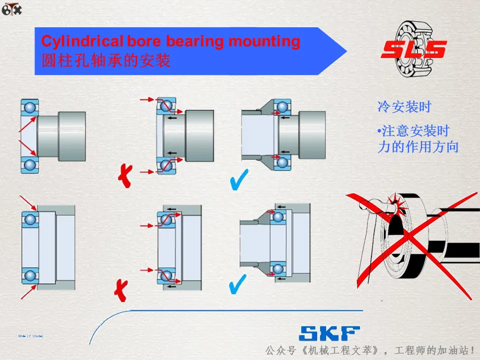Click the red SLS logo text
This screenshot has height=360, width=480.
point(413,50)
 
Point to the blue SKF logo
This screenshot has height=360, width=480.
point(329,333)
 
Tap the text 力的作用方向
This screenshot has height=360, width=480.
point(417,147)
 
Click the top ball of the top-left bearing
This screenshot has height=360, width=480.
point(30,107)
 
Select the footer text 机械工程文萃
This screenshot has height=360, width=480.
point(342,349)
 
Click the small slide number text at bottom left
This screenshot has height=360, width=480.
point(30,336)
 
